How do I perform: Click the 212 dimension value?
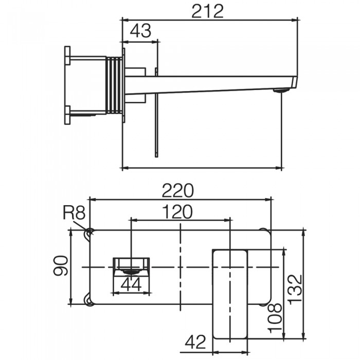(207, 11)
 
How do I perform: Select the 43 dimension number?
(140, 31)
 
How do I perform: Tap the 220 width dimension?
(178, 190)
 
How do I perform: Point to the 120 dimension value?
(177, 212)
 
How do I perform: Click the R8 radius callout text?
(74, 212)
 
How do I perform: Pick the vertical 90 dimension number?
(61, 265)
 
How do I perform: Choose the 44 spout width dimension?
(131, 284)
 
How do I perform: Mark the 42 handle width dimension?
(195, 342)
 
